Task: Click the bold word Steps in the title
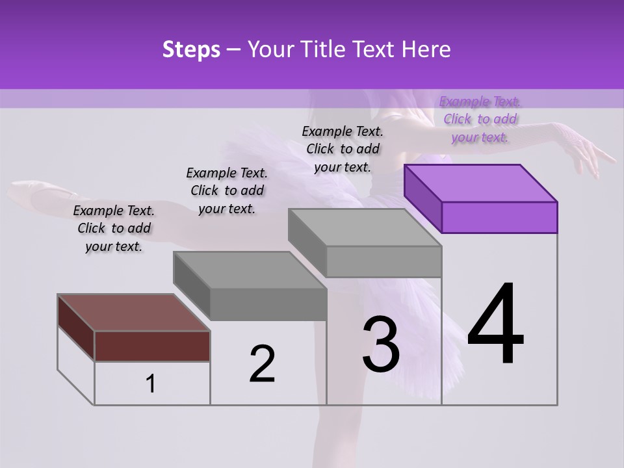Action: click(191, 49)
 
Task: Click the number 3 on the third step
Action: click(380, 344)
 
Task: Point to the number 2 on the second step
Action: click(262, 365)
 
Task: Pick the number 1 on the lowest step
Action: click(150, 384)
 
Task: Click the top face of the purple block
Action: click(481, 183)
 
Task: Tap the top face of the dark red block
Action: click(133, 312)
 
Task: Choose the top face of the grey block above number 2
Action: click(250, 270)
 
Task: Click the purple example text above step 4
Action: click(480, 119)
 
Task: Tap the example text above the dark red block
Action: click(114, 228)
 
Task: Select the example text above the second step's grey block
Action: click(227, 190)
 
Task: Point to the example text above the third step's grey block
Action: click(343, 149)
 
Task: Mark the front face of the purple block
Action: click(499, 217)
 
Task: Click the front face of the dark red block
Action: click(152, 346)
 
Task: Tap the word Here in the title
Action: click(427, 49)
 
